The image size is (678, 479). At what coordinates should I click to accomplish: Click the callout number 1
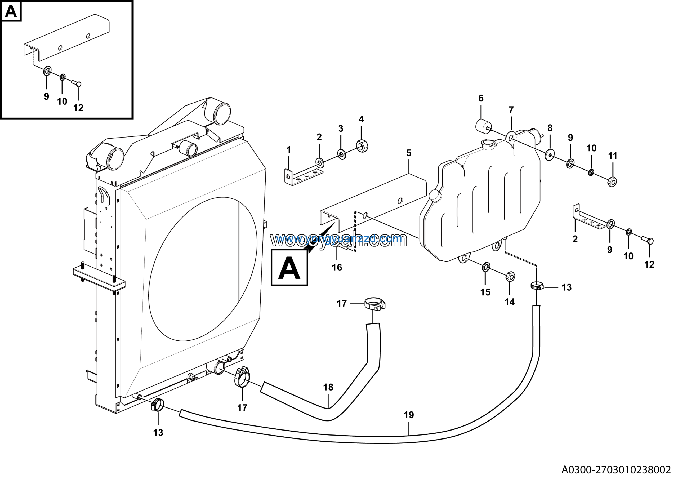tap(288, 150)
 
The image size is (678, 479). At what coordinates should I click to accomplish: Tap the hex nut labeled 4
tap(362, 146)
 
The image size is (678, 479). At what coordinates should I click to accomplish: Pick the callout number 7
tap(511, 110)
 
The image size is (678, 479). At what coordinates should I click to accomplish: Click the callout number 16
tap(337, 268)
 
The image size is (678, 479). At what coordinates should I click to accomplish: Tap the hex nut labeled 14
tap(510, 276)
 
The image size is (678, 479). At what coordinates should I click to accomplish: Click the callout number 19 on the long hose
tap(409, 415)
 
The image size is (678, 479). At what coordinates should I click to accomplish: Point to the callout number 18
tap(328, 387)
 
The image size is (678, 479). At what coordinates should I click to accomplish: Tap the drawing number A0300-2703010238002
tap(616, 469)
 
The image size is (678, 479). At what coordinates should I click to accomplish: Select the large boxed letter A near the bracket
tap(289, 268)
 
